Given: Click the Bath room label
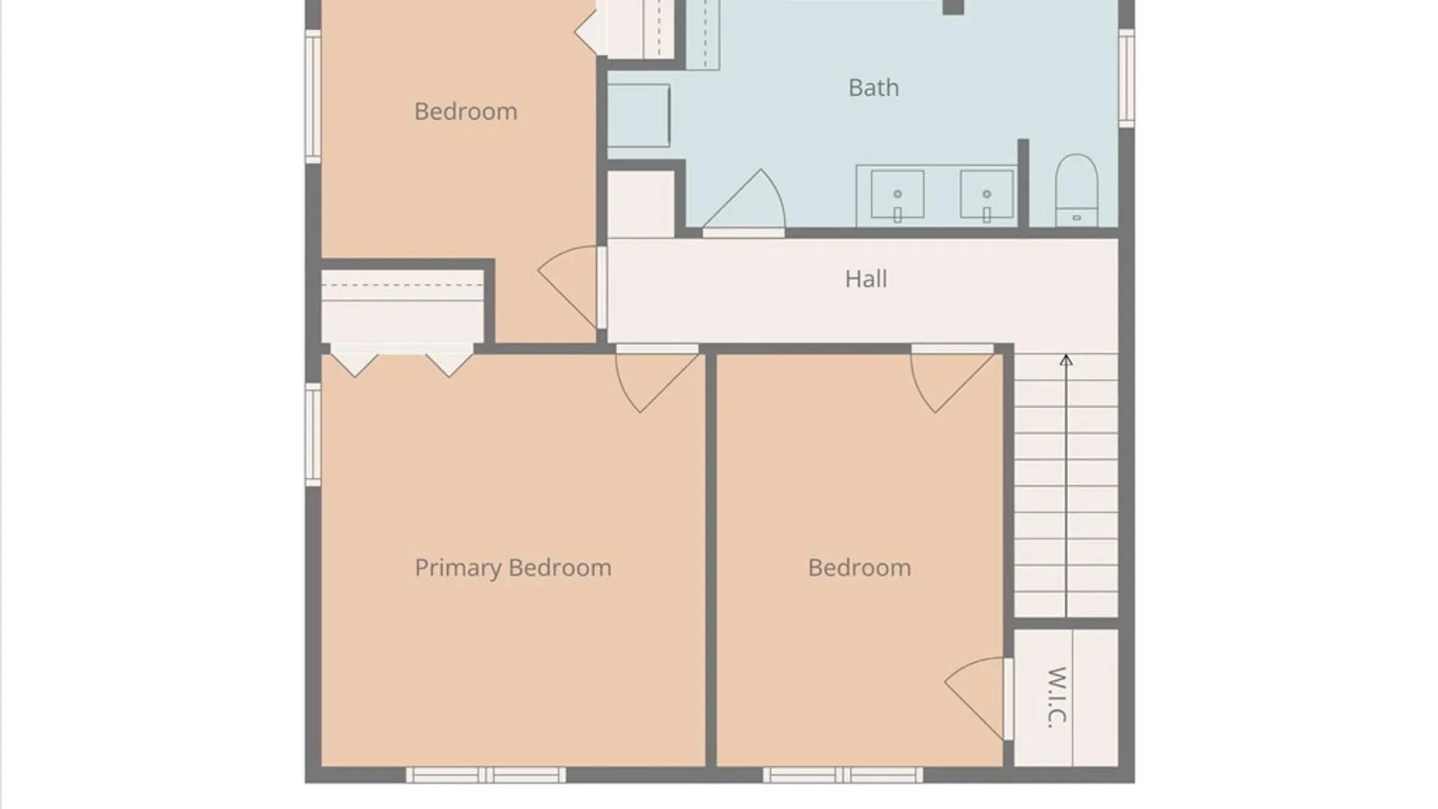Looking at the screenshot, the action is [x=873, y=88].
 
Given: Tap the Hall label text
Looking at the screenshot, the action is [x=866, y=279].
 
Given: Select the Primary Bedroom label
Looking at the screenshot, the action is [x=513, y=568].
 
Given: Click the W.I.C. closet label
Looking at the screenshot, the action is [x=1056, y=697].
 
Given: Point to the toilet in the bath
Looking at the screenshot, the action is [x=1076, y=190].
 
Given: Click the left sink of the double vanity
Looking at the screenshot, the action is [x=897, y=196].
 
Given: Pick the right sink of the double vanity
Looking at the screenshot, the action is [x=986, y=196].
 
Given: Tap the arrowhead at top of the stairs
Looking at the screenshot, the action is [x=1066, y=360].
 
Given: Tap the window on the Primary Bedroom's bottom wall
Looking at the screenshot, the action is [x=486, y=775].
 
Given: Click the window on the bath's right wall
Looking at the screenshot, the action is [x=1126, y=78].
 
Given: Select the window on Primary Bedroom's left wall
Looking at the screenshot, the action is [x=313, y=434].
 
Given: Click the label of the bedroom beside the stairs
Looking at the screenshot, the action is [x=859, y=568].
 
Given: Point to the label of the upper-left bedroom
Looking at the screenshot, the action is [x=465, y=112].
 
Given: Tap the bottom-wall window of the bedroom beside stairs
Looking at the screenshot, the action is [x=843, y=775].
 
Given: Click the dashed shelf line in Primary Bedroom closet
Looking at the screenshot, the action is [x=402, y=285].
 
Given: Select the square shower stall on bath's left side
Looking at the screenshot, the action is [x=638, y=115].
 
